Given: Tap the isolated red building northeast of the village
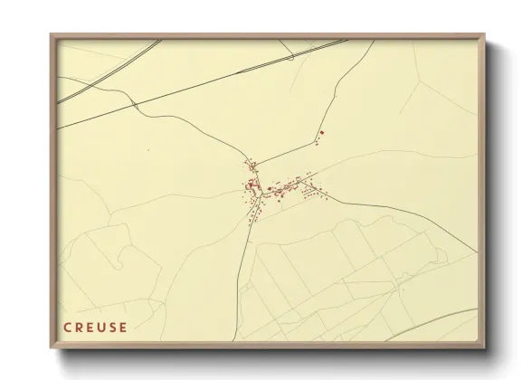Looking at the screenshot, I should click(322, 133).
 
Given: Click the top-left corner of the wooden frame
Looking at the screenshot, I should click(52, 35).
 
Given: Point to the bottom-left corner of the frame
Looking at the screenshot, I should click(52, 347).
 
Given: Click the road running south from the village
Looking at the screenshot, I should click(244, 271).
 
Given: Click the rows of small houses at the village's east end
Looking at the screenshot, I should click(312, 191).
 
